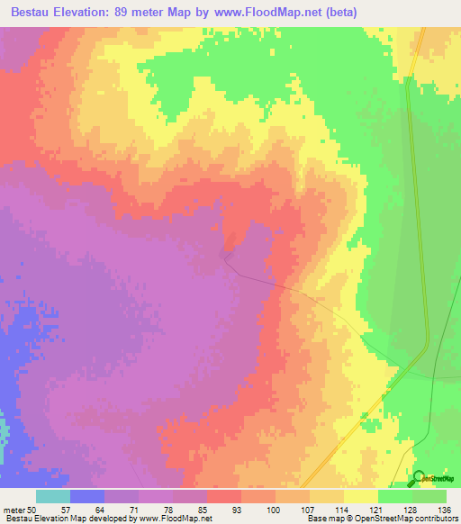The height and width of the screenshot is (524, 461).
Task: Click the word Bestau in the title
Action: [x=35, y=13]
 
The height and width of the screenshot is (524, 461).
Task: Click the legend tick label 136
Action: [x=442, y=509]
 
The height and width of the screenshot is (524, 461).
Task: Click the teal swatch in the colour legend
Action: [x=53, y=496]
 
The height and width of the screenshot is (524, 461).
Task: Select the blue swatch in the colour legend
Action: [x=87, y=496]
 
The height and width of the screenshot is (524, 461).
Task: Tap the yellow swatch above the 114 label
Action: [x=327, y=496]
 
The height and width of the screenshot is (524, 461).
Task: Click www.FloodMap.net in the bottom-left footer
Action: [x=175, y=519]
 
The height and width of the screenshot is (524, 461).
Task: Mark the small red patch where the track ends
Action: [x=232, y=241]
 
